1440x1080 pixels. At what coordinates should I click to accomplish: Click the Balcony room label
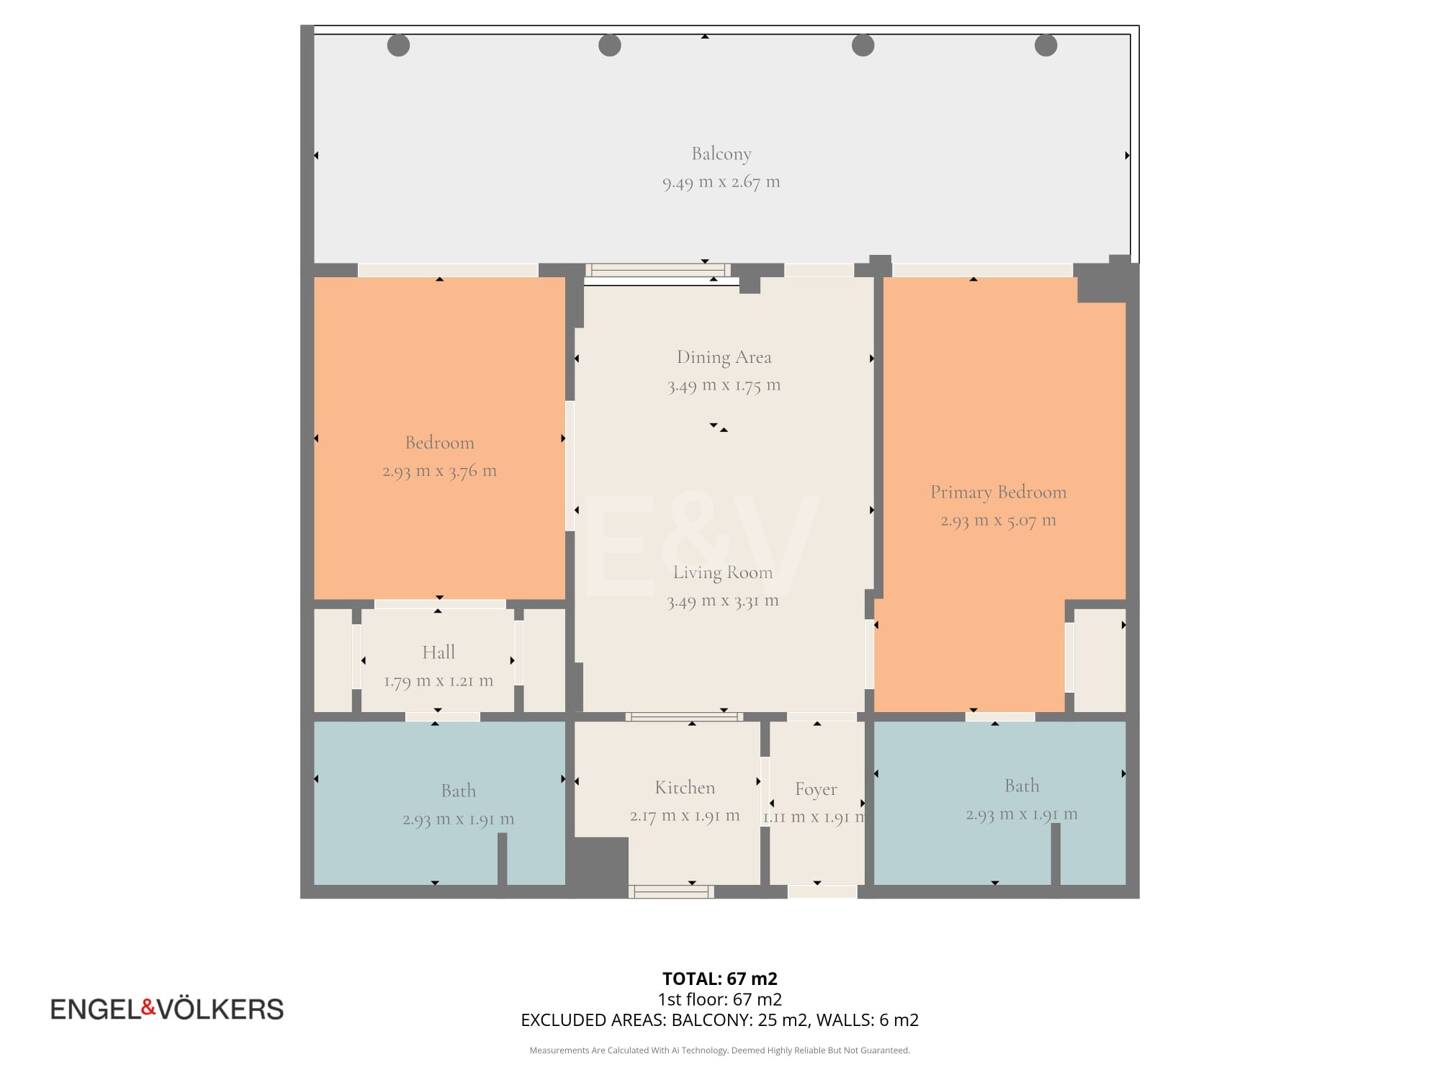[721, 154]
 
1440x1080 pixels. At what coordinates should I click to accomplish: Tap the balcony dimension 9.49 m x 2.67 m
[721, 182]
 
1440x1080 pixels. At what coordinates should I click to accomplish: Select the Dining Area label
[724, 357]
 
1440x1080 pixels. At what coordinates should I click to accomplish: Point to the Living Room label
[723, 572]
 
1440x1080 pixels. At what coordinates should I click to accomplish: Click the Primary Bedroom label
[998, 492]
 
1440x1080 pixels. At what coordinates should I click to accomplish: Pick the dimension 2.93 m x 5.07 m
[998, 521]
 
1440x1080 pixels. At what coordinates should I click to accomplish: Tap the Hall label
[438, 652]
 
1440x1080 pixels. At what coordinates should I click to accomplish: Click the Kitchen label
[685, 788]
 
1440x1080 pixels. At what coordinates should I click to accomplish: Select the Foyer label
[815, 789]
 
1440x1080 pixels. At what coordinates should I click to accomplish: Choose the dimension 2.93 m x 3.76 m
[440, 471]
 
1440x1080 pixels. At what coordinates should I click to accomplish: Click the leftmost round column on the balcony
[398, 45]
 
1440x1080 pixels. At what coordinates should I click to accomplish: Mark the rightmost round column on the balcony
[1046, 45]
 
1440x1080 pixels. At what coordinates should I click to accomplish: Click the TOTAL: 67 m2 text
[720, 979]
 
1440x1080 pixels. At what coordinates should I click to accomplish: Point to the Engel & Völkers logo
[167, 1009]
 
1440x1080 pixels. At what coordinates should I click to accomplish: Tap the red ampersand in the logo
[148, 1007]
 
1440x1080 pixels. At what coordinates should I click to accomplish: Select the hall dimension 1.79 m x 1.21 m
[438, 681]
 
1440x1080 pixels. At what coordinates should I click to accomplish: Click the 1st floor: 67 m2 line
[720, 999]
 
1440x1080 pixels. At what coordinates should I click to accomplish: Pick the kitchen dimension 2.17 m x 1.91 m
[685, 816]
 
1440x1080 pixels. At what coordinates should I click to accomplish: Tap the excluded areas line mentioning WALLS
[720, 1020]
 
